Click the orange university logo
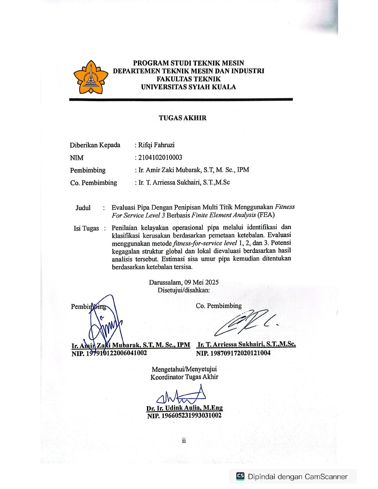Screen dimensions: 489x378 click(90, 78)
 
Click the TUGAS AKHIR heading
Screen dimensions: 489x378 click(182, 118)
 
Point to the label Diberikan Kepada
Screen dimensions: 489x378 click(95, 145)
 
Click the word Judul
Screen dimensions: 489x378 click(83, 208)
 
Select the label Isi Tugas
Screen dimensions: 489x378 click(86, 228)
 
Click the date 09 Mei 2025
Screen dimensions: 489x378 click(201, 282)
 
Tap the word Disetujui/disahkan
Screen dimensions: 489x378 click(184, 290)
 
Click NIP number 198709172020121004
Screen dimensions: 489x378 click(233, 353)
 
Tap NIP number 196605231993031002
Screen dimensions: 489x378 click(184, 415)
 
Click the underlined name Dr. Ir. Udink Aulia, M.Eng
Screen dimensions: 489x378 click(184, 408)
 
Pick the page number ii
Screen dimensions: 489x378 click(184, 440)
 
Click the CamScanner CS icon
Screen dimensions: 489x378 click(240, 476)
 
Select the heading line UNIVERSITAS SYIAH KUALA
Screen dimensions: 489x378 click(188, 87)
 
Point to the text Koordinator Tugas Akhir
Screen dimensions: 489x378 click(184, 377)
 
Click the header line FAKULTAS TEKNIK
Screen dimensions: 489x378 click(189, 79)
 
